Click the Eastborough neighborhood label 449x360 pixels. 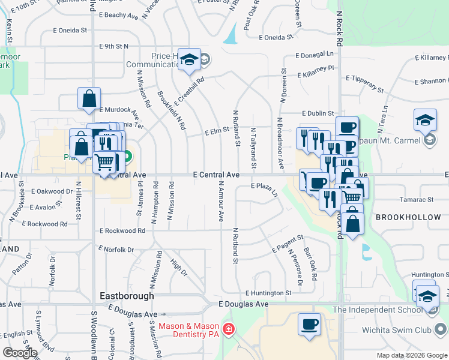tap(127, 296)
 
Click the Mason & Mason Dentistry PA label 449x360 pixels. tap(189, 329)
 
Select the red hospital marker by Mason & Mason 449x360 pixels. tap(228, 329)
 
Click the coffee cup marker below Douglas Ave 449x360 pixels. tap(310, 324)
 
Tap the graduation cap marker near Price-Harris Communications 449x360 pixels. tap(190, 60)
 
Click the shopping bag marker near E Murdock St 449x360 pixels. tap(89, 98)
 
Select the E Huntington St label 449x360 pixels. tap(268, 293)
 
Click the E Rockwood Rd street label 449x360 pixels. tap(122, 230)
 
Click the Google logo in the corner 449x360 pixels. tap(20, 353)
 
